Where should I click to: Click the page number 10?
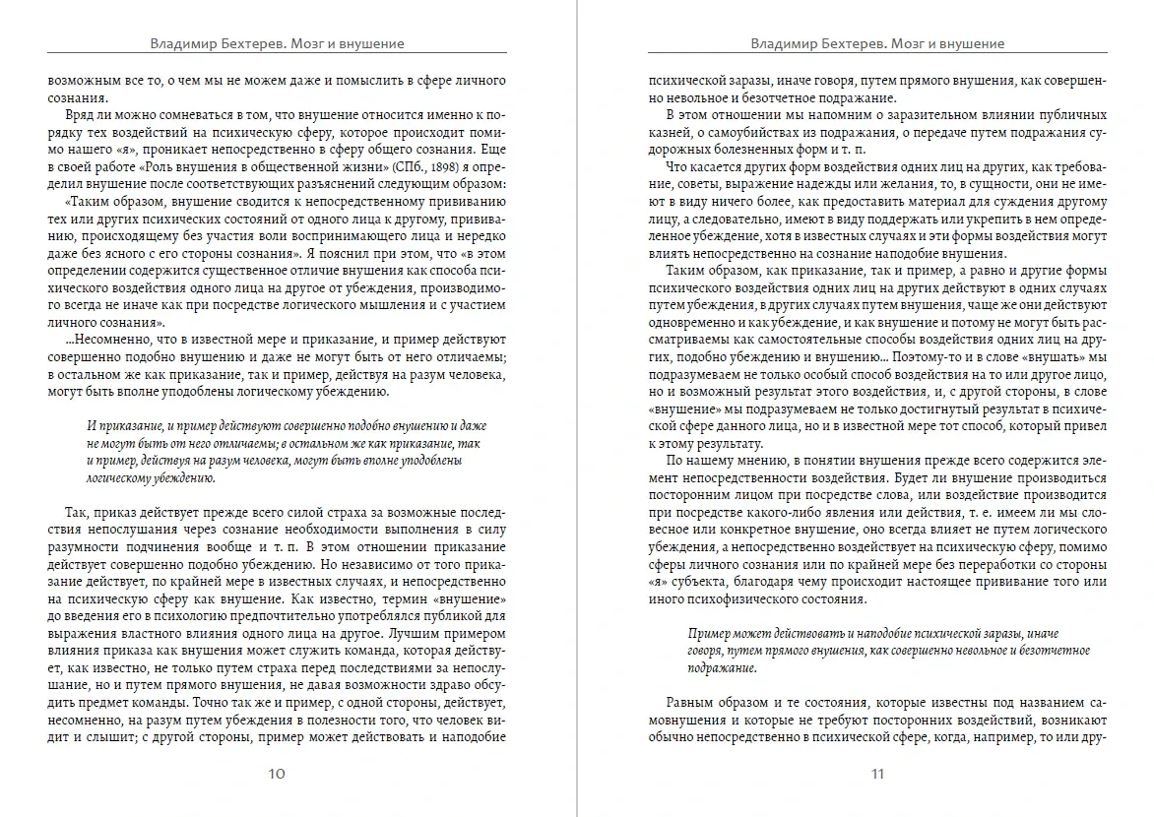(x=277, y=774)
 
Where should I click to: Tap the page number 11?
(x=877, y=774)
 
